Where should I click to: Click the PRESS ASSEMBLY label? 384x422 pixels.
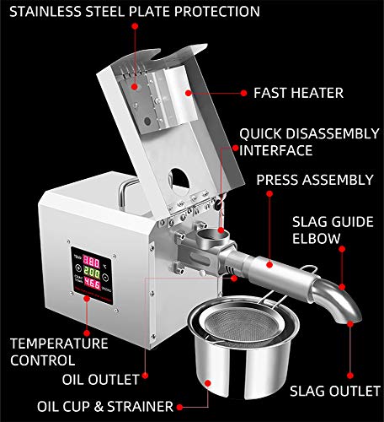point(314,180)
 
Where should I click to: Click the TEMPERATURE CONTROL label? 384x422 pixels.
point(58,352)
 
